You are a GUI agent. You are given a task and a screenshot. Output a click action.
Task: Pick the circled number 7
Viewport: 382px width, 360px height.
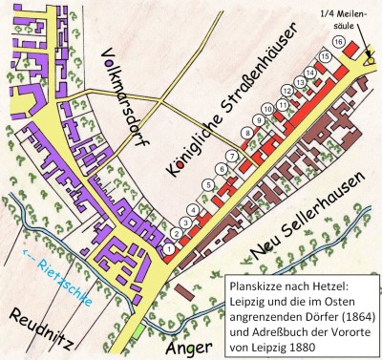click(x=231, y=156)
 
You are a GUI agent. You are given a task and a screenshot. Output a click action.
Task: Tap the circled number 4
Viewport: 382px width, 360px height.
click(x=194, y=210)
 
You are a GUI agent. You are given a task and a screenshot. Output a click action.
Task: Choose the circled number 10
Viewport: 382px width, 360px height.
click(x=266, y=110)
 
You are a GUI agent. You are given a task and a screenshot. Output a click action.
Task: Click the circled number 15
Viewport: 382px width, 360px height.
click(x=325, y=56)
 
